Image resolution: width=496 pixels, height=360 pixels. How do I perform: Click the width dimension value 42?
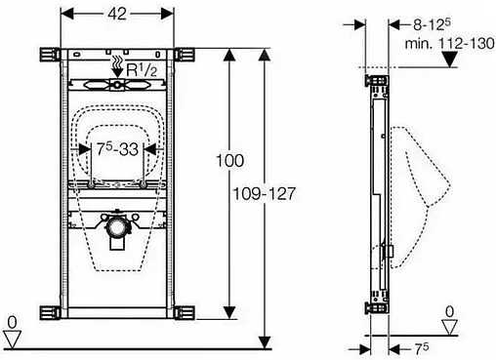click(117, 14)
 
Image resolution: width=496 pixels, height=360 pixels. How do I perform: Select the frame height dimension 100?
click(229, 161)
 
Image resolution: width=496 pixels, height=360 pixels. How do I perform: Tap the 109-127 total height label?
click(264, 194)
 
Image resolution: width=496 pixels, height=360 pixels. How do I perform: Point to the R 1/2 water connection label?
click(142, 69)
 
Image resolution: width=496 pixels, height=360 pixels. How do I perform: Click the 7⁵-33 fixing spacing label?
click(117, 149)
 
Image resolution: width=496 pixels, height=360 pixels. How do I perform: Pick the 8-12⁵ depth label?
click(432, 24)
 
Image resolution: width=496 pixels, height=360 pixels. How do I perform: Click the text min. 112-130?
click(449, 44)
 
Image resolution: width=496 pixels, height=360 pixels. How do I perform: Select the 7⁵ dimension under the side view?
click(422, 349)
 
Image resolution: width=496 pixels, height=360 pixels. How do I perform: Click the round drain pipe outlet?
click(115, 227)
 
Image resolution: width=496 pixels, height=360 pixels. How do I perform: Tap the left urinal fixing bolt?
click(91, 185)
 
